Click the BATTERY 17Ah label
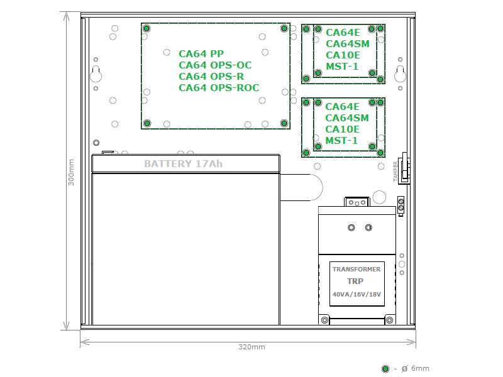[x=183, y=164]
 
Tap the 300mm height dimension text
[x=71, y=172]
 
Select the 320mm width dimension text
[x=252, y=347]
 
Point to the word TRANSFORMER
[x=357, y=270]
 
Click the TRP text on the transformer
[x=355, y=281]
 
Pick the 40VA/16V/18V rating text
[x=357, y=294]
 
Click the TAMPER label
[x=395, y=172]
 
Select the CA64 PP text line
[x=201, y=53]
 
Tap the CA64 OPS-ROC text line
[x=219, y=87]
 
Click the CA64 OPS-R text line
[x=211, y=76]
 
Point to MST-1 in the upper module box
[x=342, y=67]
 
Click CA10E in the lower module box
[x=342, y=129]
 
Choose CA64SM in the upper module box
[x=348, y=43]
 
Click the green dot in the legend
[x=385, y=369]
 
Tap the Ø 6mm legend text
[x=416, y=369]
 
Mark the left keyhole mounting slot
[x=96, y=74]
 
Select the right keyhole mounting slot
[x=400, y=74]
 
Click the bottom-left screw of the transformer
[x=324, y=320]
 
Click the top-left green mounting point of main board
[x=146, y=28]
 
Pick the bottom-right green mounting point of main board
[x=284, y=123]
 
